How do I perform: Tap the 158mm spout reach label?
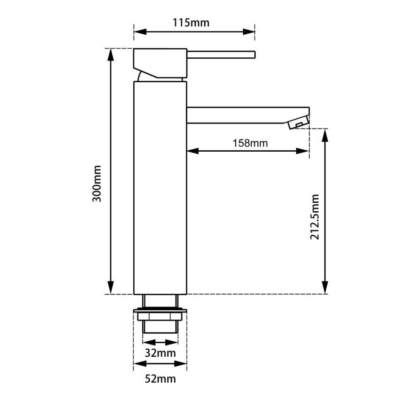click(250, 143)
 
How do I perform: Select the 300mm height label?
click(97, 183)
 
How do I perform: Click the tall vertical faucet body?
click(161, 188)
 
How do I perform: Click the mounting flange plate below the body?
click(161, 311)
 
